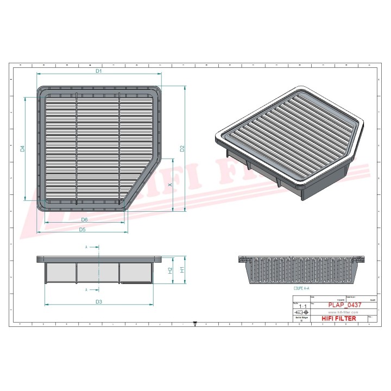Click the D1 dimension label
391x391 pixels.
(x=99, y=71)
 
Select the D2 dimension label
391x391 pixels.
(x=182, y=148)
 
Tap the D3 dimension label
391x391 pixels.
(x=99, y=301)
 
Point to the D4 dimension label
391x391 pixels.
(x=23, y=148)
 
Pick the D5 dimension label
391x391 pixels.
(x=82, y=229)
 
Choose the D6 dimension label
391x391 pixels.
(x=85, y=219)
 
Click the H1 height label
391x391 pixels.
(x=182, y=269)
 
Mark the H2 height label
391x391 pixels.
(x=169, y=270)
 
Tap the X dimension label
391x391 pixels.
(x=169, y=185)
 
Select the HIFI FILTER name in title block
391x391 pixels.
(x=339, y=319)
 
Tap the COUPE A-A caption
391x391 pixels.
(x=302, y=289)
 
